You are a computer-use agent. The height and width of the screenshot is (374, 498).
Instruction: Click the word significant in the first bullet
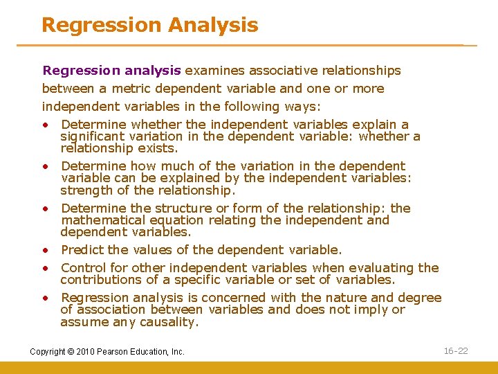coord(95,136)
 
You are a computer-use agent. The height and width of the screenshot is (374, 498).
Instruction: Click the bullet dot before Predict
coord(44,250)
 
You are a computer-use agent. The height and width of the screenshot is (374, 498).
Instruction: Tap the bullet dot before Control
coord(44,268)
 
